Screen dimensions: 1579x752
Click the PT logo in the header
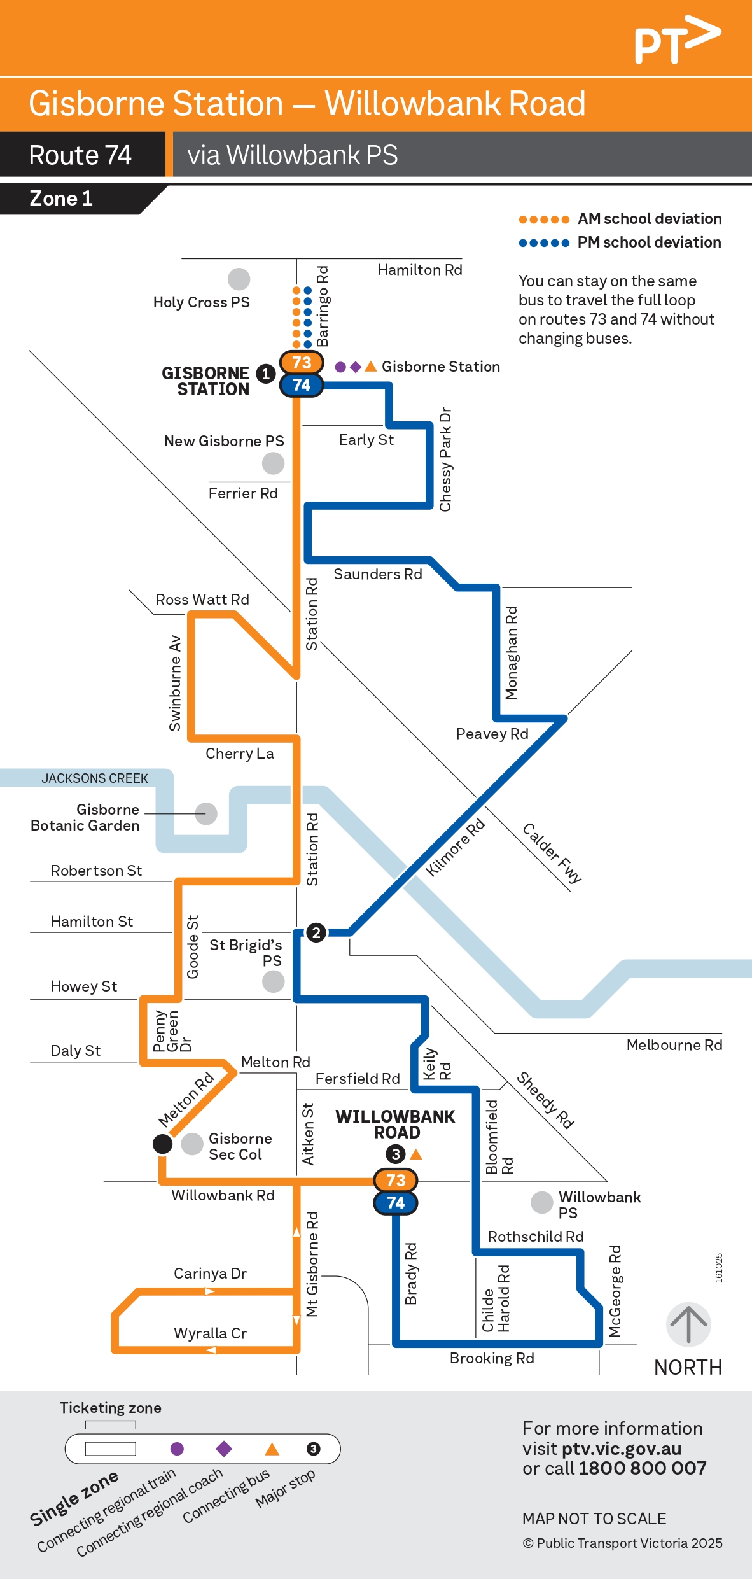click(x=677, y=39)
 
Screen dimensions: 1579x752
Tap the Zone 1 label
click(x=61, y=199)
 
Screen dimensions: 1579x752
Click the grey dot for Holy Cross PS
click(x=239, y=279)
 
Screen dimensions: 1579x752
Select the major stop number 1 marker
click(x=265, y=374)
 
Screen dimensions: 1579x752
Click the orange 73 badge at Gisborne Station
click(x=302, y=363)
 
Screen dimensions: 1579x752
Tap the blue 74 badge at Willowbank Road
click(x=396, y=1203)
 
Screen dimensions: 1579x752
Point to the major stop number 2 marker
click(x=316, y=933)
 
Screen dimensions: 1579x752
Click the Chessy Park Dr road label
click(x=445, y=459)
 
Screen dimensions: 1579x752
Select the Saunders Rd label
click(x=377, y=574)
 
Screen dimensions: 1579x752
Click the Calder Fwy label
click(x=552, y=853)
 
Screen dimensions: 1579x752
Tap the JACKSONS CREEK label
click(x=95, y=778)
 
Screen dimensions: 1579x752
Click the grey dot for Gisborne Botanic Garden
click(x=205, y=813)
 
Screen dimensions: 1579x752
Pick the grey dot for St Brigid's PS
click(x=273, y=981)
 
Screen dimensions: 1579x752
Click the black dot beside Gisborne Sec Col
click(x=162, y=1144)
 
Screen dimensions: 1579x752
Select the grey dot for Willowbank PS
click(x=541, y=1202)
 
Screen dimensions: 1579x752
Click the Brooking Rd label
click(x=492, y=1358)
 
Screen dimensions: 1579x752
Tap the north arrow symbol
click(x=688, y=1324)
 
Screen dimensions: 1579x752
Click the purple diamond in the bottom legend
click(x=224, y=1449)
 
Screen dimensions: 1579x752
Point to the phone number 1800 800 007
click(x=643, y=1468)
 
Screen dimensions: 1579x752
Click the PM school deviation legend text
click(x=649, y=242)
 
